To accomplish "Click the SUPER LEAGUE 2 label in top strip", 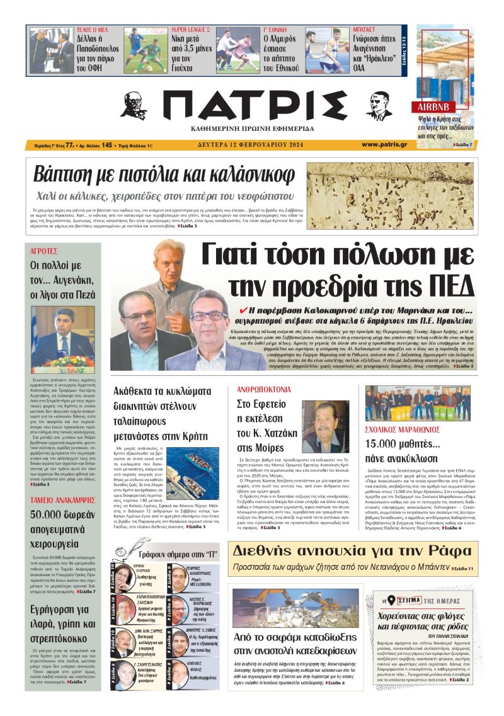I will pos(191,30).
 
